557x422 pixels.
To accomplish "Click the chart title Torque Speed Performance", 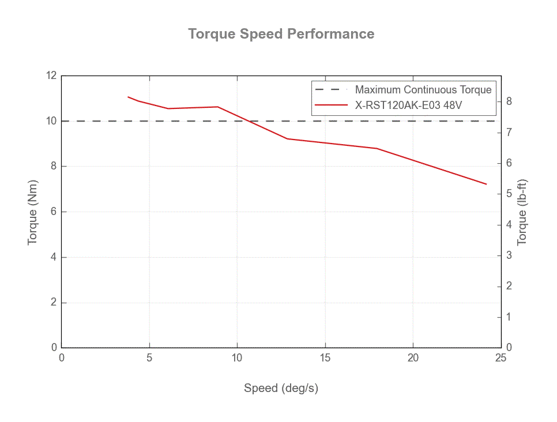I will tap(281, 34).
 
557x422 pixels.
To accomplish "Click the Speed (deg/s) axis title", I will tap(281, 388).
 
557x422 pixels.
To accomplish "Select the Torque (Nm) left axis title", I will tap(33, 211).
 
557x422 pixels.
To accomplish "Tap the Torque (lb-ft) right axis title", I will tap(522, 212).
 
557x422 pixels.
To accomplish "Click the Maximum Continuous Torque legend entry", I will tap(423, 90).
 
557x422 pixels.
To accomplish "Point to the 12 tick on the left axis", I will tap(51, 76).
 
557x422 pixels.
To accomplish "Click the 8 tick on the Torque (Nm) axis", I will tap(54, 167).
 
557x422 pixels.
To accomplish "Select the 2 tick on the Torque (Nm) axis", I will tap(54, 303).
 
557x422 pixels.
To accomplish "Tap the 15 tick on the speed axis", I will tap(325, 358).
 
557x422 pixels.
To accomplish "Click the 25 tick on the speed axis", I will tap(500, 358).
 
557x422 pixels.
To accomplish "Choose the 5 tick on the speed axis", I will tap(149, 358).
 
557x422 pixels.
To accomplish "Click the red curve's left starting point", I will tap(128, 97).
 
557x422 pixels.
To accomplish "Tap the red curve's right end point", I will tap(486, 184).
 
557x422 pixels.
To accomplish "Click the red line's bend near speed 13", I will tap(287, 138).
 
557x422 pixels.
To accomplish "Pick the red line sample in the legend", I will tap(331, 105).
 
